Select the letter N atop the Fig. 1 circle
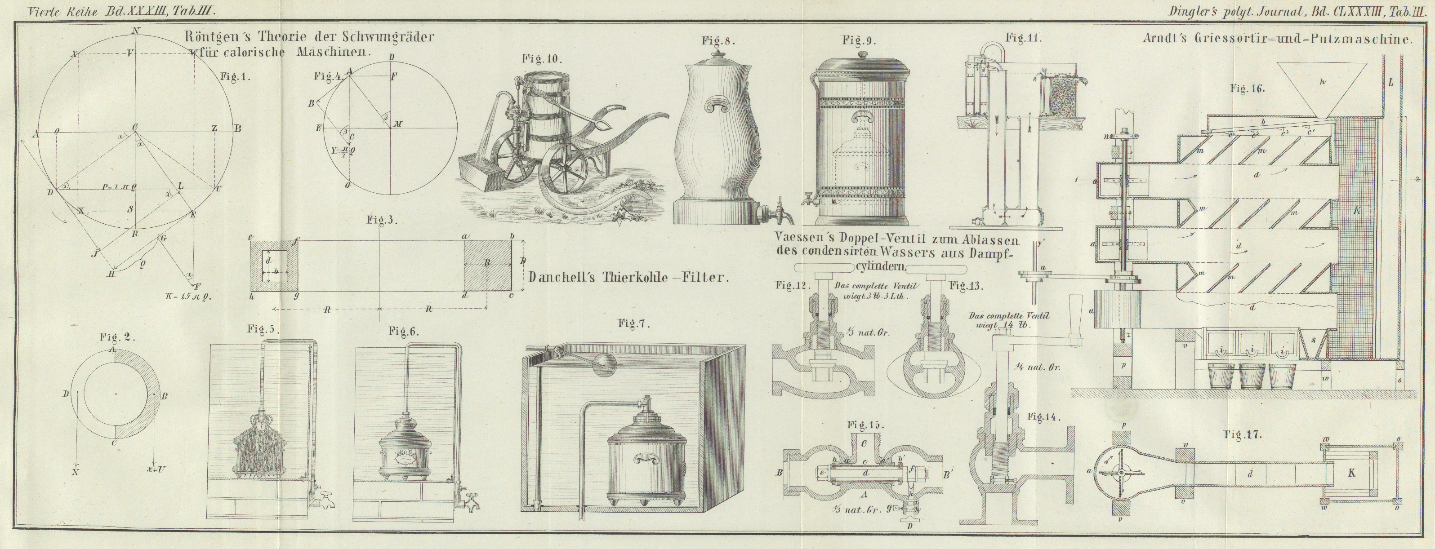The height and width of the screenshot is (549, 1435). tap(135, 30)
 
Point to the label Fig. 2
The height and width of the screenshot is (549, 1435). tap(117, 337)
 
